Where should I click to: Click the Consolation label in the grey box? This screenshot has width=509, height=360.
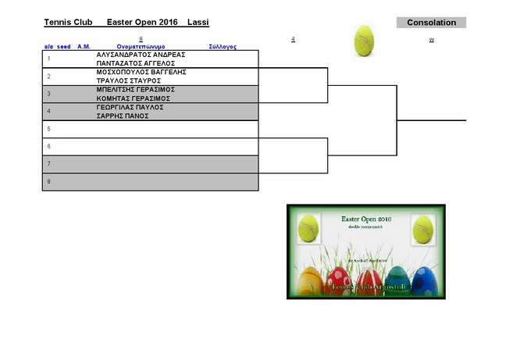(431, 23)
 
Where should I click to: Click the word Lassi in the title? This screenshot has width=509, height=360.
(198, 23)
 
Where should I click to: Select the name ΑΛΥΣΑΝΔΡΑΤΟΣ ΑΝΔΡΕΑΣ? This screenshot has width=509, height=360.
(141, 55)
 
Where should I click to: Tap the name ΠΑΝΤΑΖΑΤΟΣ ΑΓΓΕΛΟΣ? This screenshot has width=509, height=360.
(136, 63)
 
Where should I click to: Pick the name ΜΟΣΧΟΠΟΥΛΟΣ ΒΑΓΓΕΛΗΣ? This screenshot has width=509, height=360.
(141, 72)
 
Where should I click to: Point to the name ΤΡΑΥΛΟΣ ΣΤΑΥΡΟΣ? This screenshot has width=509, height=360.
(129, 80)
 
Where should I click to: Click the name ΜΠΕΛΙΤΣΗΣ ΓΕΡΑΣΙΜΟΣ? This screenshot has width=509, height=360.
(135, 90)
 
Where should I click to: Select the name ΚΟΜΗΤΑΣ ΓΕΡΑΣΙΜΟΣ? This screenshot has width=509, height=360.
(133, 98)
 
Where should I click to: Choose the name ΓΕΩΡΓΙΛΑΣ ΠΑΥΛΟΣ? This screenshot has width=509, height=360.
(130, 107)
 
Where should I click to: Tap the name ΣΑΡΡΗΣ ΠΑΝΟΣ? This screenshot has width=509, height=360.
(123, 116)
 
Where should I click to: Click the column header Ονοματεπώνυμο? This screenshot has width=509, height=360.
(141, 47)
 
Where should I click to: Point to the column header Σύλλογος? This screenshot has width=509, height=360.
(222, 47)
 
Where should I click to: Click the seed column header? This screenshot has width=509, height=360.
(64, 47)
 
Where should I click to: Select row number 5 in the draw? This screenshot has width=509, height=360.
(48, 129)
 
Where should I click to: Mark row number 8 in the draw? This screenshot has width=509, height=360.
(48, 181)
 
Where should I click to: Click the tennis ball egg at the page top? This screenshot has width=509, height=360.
(365, 41)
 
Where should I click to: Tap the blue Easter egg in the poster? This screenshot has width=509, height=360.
(423, 280)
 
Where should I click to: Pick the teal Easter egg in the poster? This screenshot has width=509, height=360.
(397, 280)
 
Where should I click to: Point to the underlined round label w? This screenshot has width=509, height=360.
(431, 39)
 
